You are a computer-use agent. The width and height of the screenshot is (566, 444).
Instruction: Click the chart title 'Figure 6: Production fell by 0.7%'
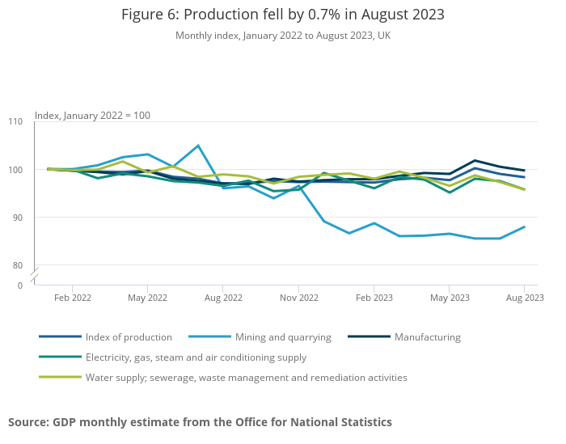tap(283, 15)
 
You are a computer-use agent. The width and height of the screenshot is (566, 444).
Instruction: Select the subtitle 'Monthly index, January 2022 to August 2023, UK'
tap(283, 36)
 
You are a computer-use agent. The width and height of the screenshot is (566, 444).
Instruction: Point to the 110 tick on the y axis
tap(15, 121)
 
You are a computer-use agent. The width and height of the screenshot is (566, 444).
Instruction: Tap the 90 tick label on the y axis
tap(15, 218)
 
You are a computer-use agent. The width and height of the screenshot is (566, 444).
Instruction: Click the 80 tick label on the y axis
tap(15, 265)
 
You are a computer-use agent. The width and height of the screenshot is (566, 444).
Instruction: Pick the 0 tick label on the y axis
tap(20, 285)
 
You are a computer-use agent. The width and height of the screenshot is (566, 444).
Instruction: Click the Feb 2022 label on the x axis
tap(72, 298)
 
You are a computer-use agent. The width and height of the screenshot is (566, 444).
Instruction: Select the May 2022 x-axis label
tap(147, 298)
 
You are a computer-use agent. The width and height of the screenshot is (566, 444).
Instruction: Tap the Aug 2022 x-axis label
tap(223, 298)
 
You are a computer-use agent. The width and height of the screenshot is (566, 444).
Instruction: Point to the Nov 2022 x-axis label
tap(298, 298)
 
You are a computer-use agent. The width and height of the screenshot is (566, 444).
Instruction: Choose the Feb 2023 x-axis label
tap(374, 298)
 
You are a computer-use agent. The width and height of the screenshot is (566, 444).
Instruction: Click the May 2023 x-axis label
tap(450, 298)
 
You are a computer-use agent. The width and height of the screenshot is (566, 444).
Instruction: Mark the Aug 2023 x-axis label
tap(525, 298)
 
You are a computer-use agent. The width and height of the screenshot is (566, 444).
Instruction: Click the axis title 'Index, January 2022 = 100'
tap(92, 115)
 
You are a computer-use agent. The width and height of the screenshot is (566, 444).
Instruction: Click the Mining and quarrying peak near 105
tap(198, 146)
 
